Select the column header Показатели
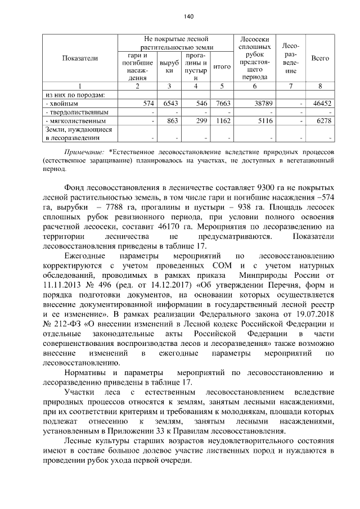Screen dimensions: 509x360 click(79, 58)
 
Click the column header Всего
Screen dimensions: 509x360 click(319, 58)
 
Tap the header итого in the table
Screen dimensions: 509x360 click(223, 66)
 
